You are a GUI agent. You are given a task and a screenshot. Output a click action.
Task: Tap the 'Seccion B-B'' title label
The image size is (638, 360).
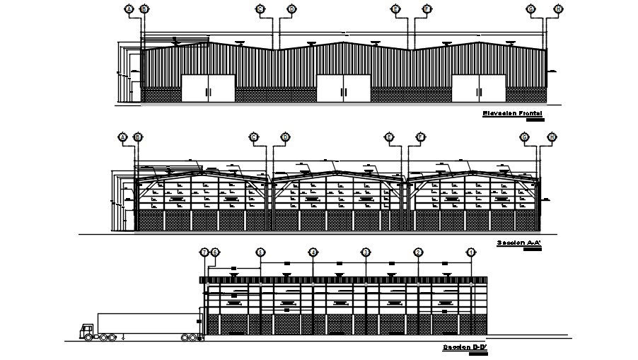click(x=467, y=347)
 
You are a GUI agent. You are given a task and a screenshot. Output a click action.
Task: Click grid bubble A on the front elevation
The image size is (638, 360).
click(x=129, y=8)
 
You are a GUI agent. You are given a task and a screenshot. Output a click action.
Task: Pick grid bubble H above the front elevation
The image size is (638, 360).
click(x=559, y=8)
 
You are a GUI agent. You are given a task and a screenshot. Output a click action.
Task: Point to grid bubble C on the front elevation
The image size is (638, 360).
click(x=260, y=8)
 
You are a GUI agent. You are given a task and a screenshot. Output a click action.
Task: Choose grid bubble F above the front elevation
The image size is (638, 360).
click(x=427, y=8)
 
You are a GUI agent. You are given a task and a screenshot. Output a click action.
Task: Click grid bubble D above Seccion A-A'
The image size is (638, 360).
click(x=285, y=137)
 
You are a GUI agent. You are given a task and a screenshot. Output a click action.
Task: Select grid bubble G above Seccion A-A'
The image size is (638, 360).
click(x=525, y=137)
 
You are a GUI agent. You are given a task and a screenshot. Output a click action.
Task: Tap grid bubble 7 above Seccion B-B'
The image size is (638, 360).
click(x=204, y=252)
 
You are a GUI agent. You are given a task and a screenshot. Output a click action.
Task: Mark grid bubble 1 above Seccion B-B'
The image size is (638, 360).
click(x=471, y=252)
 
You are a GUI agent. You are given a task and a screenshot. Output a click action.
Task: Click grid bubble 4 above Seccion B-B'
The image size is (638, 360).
click(x=313, y=252)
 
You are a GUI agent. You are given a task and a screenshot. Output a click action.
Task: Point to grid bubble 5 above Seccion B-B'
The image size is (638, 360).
click(x=260, y=252)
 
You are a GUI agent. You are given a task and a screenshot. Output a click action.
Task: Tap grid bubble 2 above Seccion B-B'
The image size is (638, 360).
click(x=418, y=252)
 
